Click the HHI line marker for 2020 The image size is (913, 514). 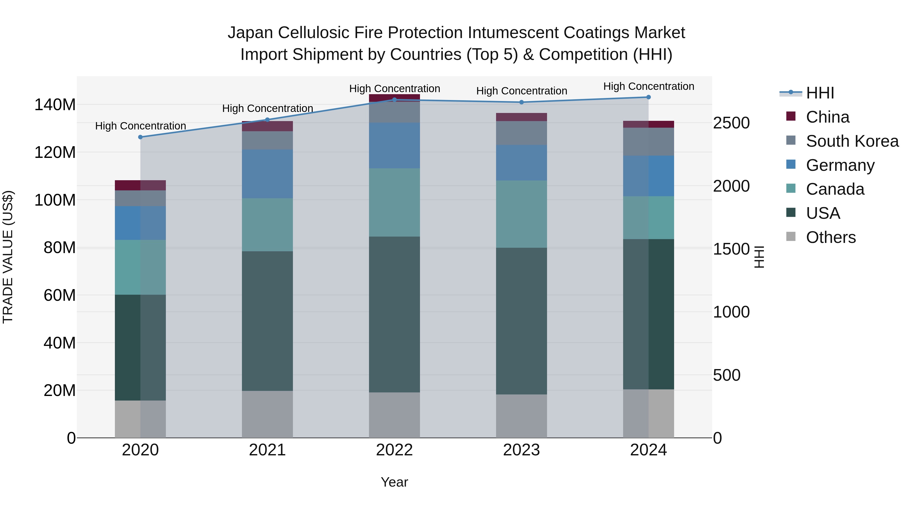tap(140, 137)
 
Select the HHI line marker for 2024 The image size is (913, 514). tap(648, 97)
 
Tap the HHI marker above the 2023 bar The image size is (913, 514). tap(521, 102)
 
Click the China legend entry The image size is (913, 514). tap(827, 117)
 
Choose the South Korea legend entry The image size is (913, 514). tap(852, 141)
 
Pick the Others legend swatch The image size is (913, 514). tap(791, 237)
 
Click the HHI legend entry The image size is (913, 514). tap(820, 93)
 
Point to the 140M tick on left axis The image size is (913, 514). tap(55, 105)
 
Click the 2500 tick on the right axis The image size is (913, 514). tap(731, 123)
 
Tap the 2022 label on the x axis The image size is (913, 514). tap(394, 450)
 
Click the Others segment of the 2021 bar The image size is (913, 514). tap(267, 414)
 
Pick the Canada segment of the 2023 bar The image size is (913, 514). tap(521, 214)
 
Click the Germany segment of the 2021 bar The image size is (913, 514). tap(267, 174)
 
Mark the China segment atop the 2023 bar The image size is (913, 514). tap(521, 117)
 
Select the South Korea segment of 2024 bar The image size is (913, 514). tap(648, 142)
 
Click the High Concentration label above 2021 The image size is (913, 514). tap(268, 108)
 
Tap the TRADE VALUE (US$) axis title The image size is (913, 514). tap(8, 257)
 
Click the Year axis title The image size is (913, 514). tap(394, 482)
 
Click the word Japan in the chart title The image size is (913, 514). tap(250, 33)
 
